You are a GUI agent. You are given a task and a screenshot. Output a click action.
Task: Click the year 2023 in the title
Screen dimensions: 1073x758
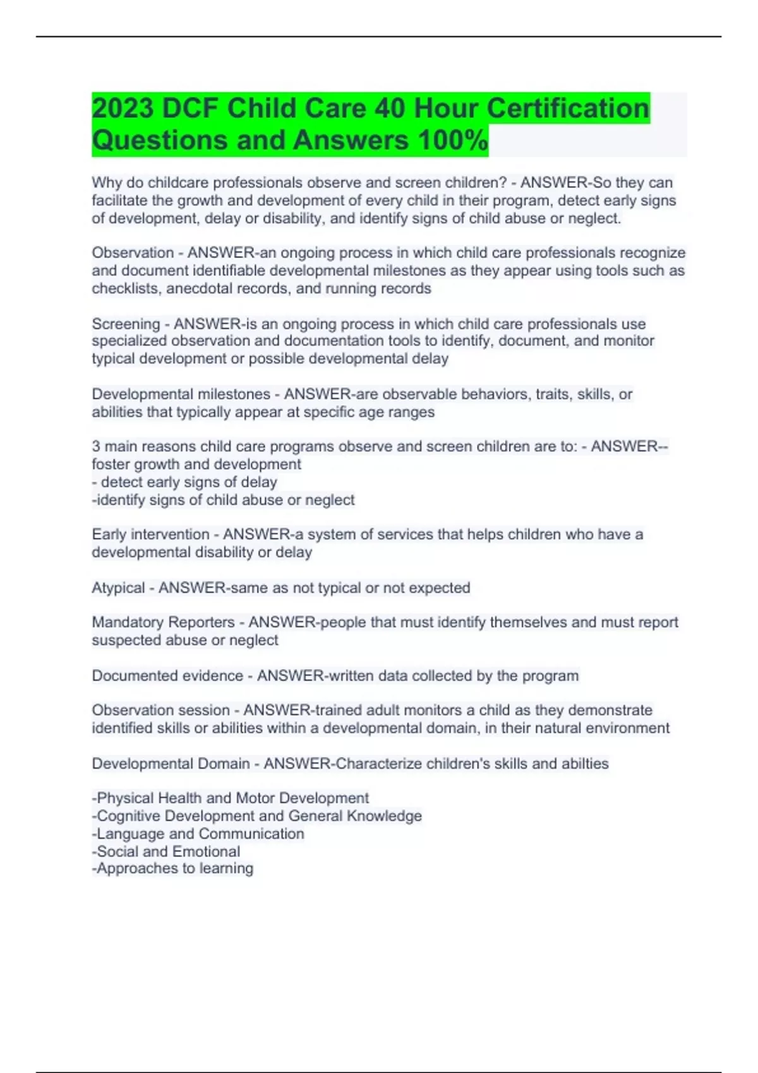pos(123,108)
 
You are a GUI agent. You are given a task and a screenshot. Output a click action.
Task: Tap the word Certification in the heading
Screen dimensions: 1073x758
pos(568,108)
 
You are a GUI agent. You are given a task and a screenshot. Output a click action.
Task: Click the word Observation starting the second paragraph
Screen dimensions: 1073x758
pos(133,252)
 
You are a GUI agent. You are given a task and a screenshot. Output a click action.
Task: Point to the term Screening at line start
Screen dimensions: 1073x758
pos(126,324)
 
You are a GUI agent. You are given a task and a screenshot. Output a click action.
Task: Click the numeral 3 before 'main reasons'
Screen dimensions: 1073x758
pos(96,446)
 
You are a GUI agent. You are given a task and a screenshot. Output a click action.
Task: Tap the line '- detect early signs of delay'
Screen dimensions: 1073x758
pos(184,482)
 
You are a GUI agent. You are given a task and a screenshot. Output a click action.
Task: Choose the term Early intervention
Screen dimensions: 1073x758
pos(150,534)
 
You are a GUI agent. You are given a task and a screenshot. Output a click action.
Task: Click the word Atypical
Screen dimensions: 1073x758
pos(118,588)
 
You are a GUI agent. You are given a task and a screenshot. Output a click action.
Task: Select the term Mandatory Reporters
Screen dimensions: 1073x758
pos(163,622)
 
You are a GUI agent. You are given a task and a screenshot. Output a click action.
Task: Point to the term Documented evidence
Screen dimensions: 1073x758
pos(167,675)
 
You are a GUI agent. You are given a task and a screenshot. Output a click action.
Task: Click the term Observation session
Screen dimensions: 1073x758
pos(160,710)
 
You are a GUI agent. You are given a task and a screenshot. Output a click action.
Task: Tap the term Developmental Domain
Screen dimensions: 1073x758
pos(171,764)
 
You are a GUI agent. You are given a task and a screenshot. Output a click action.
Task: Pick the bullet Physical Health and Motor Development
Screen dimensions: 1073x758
pos(231,798)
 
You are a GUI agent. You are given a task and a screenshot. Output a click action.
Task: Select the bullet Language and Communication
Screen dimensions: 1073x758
pos(198,834)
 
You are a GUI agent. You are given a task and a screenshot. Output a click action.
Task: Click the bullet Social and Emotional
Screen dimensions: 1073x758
pos(166,851)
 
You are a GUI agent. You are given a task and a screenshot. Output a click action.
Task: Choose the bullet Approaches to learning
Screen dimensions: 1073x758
pos(172,868)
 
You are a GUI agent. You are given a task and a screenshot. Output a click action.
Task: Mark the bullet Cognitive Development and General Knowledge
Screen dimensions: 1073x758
pos(257,815)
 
